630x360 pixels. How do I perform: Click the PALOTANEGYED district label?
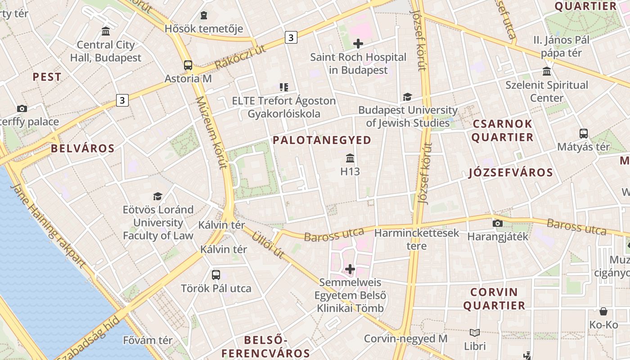(322, 140)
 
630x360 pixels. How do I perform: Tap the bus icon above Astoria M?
(188, 65)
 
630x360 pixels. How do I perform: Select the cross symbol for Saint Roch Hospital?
(358, 44)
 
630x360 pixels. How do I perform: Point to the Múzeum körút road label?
(211, 133)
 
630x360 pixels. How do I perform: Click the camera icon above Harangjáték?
(497, 223)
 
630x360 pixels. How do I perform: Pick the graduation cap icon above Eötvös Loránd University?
(157, 196)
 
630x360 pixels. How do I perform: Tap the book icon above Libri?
(475, 333)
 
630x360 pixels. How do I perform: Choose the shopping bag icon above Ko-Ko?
(603, 311)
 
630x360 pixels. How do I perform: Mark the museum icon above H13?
(350, 158)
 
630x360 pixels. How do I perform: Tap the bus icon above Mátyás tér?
(584, 134)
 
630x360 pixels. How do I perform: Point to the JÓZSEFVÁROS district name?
(511, 173)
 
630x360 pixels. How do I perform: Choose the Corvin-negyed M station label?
(405, 338)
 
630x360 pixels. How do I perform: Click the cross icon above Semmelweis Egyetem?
(350, 269)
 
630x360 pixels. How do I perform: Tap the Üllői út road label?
(268, 245)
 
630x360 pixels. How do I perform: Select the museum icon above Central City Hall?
(106, 31)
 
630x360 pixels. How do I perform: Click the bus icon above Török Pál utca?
(216, 274)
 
